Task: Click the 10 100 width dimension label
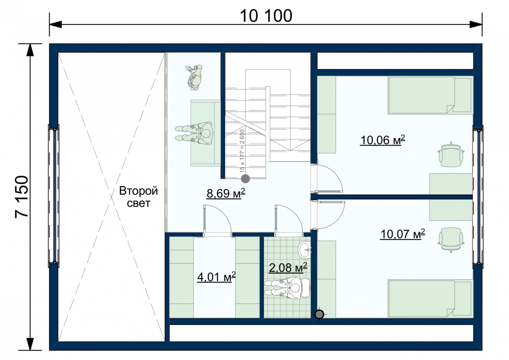tap(266, 16)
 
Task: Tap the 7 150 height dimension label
tap(22, 197)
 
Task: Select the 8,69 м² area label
tap(226, 193)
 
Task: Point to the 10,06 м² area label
tap(383, 140)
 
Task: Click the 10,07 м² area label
tap(403, 234)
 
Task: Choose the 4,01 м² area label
tap(216, 277)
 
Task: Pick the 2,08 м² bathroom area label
tap(288, 267)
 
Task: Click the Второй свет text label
tap(138, 197)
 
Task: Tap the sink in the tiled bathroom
tap(305, 250)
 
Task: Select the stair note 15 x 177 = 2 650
tap(242, 151)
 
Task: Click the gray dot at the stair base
tap(246, 179)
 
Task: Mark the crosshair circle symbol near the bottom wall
tap(319, 314)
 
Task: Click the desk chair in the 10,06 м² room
tap(451, 155)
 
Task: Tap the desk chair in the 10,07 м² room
tap(451, 240)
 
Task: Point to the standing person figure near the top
tap(194, 78)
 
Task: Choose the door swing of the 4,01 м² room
tap(218, 219)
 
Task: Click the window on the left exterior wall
tap(54, 196)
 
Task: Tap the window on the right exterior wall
tap(478, 197)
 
